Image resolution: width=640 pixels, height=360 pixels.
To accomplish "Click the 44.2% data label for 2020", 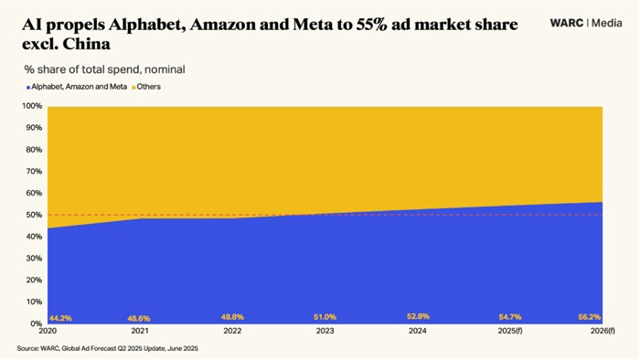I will [x=60, y=318].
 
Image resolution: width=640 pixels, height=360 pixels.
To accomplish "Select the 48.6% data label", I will [x=139, y=318].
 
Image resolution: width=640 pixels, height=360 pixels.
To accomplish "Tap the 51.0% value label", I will [x=325, y=317].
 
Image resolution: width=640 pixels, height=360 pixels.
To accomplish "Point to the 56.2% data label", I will [x=590, y=317].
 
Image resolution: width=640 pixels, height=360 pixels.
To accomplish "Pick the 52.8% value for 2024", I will [x=418, y=317].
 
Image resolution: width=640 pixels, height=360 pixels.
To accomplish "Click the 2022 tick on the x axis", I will [x=231, y=332].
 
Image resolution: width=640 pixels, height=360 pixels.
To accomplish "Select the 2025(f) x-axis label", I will [x=508, y=332].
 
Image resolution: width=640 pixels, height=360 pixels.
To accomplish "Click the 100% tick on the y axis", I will [x=32, y=106].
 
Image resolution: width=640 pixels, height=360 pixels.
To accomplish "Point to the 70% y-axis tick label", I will [x=34, y=171].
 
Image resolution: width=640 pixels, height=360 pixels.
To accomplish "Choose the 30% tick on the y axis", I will [x=34, y=258].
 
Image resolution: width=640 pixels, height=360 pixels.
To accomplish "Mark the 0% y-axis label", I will [x=36, y=323].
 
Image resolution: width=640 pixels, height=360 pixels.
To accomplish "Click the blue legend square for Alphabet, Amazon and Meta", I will [x=27, y=86].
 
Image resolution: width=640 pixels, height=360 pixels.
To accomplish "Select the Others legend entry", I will [x=148, y=86].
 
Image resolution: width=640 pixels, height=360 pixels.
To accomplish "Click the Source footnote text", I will [x=107, y=349].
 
